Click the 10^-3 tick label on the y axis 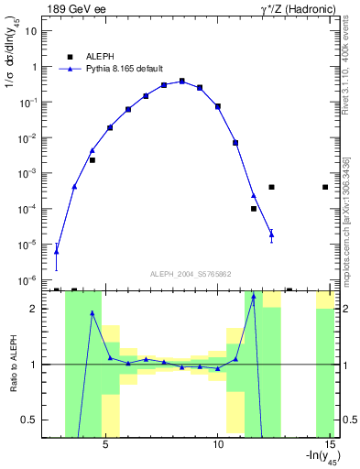click(x=27, y=173)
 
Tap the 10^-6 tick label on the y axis click(x=27, y=279)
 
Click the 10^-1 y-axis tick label click(x=27, y=103)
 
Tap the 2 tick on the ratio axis click(x=35, y=310)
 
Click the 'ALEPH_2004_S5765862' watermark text click(x=190, y=274)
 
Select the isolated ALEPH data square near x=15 click(x=326, y=187)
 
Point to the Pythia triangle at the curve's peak click(x=182, y=82)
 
